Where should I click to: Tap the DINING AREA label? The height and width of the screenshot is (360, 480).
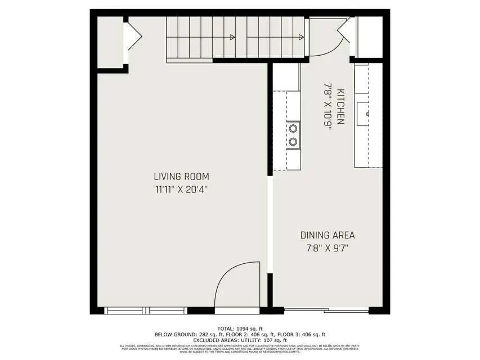[327, 235]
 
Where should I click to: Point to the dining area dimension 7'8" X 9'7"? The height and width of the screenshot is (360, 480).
[327, 247]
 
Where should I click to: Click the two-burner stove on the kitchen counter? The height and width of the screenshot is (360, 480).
[293, 134]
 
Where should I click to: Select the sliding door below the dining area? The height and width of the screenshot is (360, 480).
[326, 310]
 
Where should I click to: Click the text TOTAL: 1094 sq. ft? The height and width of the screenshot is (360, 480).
[240, 328]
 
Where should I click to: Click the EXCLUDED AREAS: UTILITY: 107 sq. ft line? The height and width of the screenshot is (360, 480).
[240, 340]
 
